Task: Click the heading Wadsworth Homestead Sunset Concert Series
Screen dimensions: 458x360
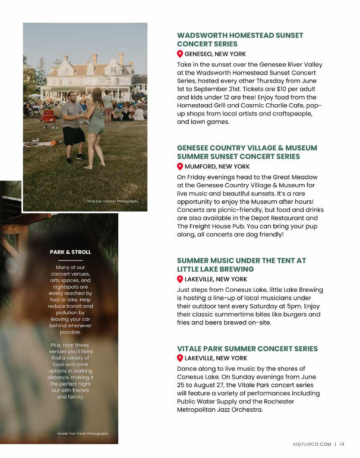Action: (240, 40)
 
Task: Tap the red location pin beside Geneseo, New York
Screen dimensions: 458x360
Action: (180, 54)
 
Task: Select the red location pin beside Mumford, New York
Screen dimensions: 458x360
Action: (180, 167)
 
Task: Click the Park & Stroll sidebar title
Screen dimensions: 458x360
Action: (70, 252)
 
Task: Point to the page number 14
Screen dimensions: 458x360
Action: (342, 444)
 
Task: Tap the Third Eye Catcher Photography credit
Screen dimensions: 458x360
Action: (112, 201)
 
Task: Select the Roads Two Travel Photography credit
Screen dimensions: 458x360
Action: (83, 434)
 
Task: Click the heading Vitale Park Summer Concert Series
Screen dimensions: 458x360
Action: (247, 349)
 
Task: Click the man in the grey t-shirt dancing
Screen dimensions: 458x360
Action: (73, 123)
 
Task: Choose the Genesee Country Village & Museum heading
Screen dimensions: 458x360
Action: (247, 152)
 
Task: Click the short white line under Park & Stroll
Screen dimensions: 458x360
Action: (70, 260)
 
